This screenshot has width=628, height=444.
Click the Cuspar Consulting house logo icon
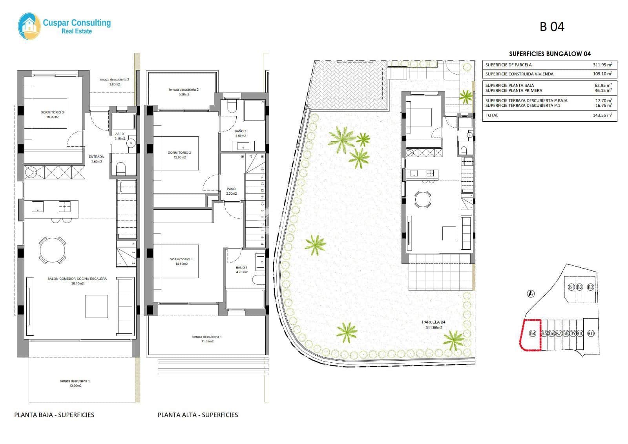coord(29,26)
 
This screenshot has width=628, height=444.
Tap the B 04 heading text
coord(552,27)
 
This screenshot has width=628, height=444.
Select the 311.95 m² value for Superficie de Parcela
coord(602,65)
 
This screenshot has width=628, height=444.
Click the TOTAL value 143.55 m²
coord(602,115)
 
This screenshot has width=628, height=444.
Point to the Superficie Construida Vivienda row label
coord(519,74)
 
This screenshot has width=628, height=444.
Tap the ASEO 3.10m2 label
coord(120,136)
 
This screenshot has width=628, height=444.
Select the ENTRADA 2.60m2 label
coord(96,159)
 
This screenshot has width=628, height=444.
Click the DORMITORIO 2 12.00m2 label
coord(179,155)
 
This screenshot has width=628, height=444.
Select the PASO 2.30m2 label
coord(231,191)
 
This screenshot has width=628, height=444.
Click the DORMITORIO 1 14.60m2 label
coord(181,261)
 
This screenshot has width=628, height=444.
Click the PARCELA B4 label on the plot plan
coord(433,325)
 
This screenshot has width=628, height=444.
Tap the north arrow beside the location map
coord(531,293)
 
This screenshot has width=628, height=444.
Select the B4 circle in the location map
coord(533,333)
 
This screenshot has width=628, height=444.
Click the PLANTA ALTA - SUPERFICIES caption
coord(198,415)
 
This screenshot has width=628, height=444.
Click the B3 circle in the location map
coord(590,287)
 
